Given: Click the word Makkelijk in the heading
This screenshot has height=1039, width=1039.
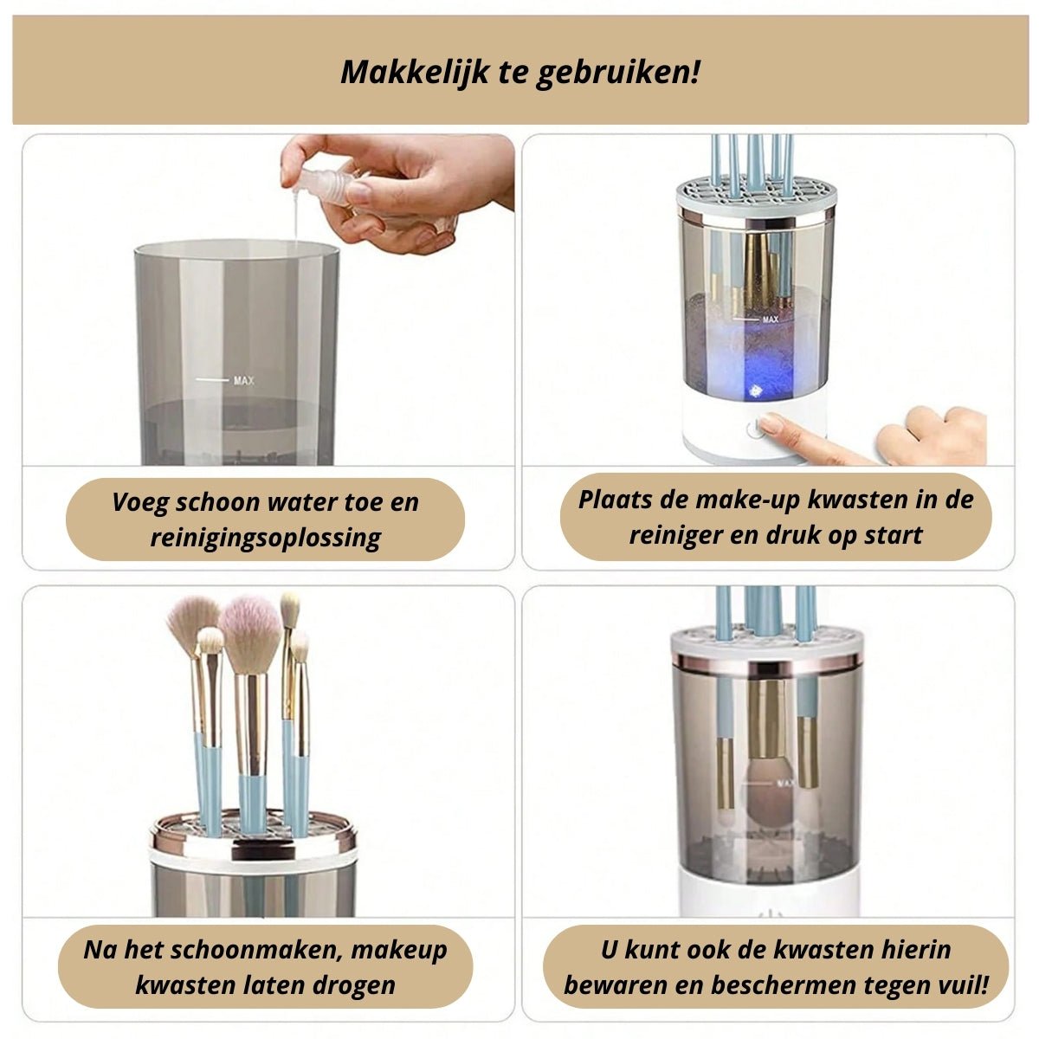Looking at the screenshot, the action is (415, 72).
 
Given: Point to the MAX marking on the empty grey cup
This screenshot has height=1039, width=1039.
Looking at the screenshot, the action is (243, 381).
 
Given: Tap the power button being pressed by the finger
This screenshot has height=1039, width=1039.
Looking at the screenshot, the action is (754, 429).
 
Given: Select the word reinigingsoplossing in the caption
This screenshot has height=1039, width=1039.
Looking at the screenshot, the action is (265, 538).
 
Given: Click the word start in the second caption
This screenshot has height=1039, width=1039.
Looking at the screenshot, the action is (893, 535).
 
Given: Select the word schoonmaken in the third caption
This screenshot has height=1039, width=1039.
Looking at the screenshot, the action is (256, 950).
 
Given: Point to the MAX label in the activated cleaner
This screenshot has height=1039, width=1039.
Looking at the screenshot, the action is (770, 319).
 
